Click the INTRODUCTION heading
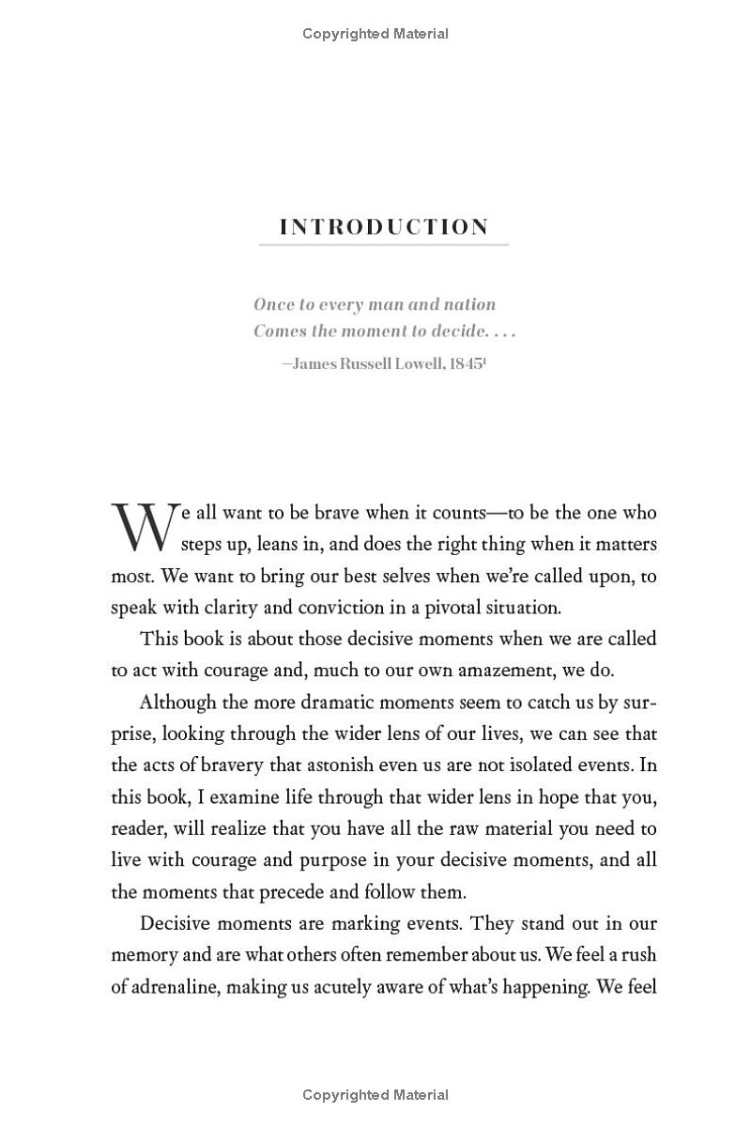click(x=384, y=227)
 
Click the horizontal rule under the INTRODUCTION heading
click(x=384, y=245)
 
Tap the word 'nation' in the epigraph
click(x=467, y=304)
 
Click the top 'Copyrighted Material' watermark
click(x=375, y=34)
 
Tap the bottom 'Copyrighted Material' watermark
click(x=375, y=1095)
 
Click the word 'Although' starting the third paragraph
click(x=176, y=702)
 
